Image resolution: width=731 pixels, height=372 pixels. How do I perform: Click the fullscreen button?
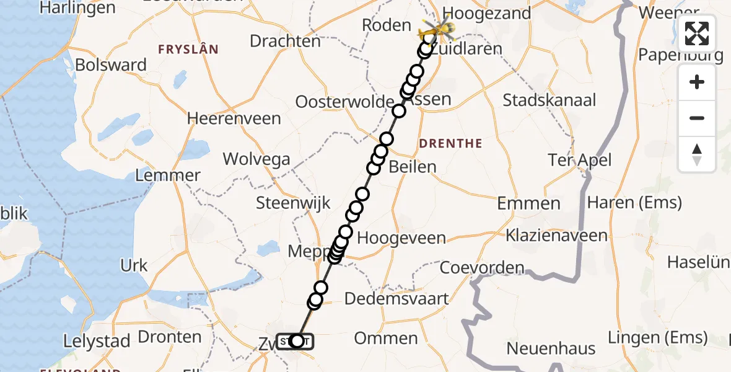[x=697, y=33]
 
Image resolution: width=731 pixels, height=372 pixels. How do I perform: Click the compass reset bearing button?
[x=697, y=154]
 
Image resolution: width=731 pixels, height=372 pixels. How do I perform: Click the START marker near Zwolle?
[x=295, y=342]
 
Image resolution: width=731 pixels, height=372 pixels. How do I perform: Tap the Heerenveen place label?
[x=234, y=118]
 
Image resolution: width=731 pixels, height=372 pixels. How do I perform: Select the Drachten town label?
[x=285, y=42]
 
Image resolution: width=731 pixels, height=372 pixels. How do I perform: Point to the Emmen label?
[x=528, y=203]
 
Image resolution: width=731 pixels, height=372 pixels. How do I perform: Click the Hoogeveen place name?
[x=401, y=238]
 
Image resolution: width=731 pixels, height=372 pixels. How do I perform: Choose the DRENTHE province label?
[x=450, y=144]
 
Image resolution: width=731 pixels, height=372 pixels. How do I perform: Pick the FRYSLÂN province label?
[x=188, y=50]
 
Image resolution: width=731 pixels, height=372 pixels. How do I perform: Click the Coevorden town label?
[x=481, y=268]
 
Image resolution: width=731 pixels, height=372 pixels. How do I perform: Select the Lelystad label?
[x=97, y=341]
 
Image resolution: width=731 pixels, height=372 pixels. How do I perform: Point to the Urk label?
[x=134, y=265]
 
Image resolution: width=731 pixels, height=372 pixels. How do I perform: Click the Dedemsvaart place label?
[x=396, y=298]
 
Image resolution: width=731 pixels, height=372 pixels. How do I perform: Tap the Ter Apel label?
[x=579, y=161]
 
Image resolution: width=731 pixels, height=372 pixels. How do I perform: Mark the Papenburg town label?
[x=681, y=55]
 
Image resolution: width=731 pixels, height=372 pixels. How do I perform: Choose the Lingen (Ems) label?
[x=657, y=338]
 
